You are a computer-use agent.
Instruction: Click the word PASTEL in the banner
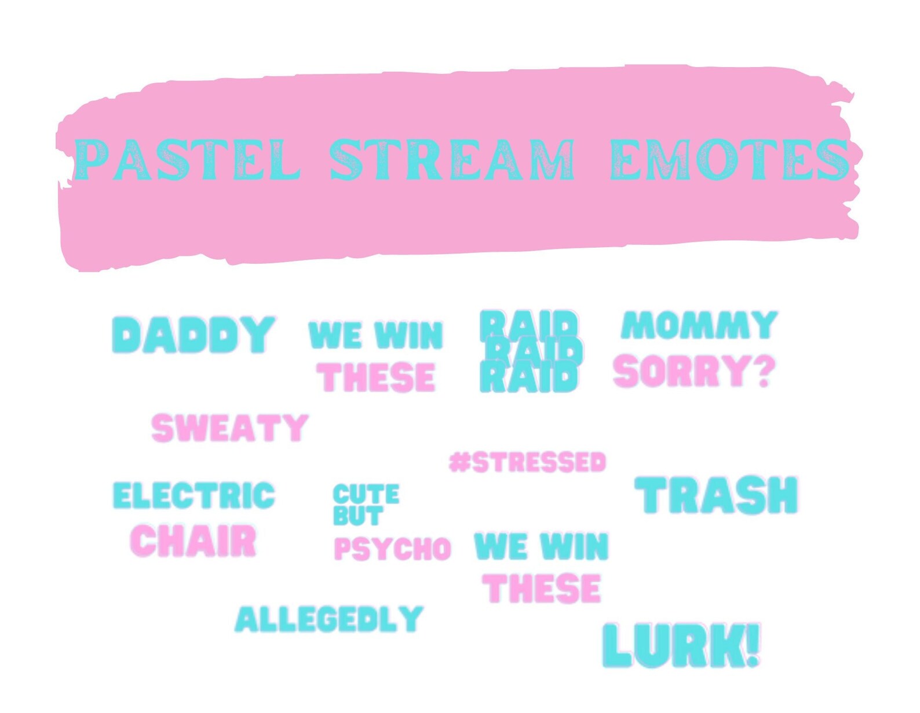[187, 159]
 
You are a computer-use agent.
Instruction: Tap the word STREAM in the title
[452, 159]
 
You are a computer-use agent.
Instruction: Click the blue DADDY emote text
[193, 335]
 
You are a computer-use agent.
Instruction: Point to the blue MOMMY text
[699, 325]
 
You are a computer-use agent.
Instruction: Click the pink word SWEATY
[229, 428]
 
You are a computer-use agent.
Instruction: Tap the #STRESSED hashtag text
[527, 462]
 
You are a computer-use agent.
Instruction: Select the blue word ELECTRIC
[194, 496]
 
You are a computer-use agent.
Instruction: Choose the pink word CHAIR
[194, 541]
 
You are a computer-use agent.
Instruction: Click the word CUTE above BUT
[366, 495]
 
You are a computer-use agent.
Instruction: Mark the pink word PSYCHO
[392, 549]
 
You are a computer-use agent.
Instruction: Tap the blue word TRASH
[717, 495]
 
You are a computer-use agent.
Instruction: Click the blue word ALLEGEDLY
[329, 619]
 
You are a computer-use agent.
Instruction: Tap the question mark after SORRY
[765, 371]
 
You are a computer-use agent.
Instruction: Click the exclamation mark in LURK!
[753, 644]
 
